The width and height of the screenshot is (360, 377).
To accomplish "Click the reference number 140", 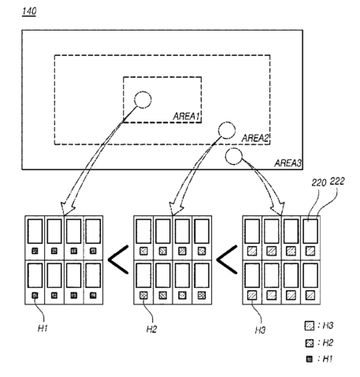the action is coord(29,11).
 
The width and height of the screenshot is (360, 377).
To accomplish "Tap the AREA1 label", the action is coord(187,117).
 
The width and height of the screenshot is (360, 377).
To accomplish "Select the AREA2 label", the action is coord(255,138).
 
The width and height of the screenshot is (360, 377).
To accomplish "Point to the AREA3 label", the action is coord(288,163).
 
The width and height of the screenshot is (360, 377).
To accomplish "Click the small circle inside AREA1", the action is coord(143,99).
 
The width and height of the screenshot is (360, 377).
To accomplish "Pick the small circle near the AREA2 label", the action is coord(227,130).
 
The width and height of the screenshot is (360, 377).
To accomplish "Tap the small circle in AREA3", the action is coord(233,156).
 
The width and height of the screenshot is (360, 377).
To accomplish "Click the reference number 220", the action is coord(319,182).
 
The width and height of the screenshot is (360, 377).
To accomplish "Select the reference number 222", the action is coord(337,181).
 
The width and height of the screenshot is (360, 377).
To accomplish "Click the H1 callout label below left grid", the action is coord(43,328).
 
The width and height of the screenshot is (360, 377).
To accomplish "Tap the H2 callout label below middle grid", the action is coord(151,329).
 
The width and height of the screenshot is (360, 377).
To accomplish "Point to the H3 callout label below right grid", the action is coord(260,330).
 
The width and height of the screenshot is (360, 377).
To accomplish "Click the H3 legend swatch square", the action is coord(310,326).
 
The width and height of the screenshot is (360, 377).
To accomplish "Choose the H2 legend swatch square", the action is coord(310,343).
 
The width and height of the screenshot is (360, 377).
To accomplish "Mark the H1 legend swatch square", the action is coord(310,359).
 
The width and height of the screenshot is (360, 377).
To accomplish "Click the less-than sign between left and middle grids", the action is coord(118,259).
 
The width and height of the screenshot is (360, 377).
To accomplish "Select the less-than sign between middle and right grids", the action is coord(227,259).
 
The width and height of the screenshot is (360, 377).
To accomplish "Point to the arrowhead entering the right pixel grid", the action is coord(279,209).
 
